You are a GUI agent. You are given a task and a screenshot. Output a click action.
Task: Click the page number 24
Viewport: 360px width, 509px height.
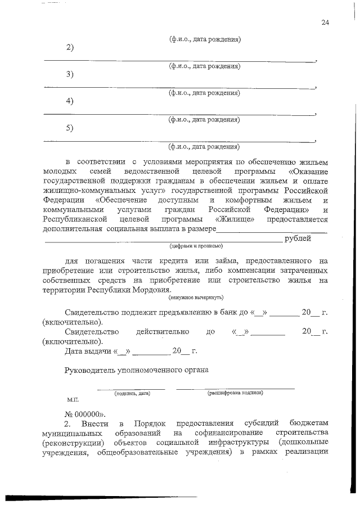point(325,22)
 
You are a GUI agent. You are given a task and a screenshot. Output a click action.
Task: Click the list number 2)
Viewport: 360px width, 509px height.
point(70,47)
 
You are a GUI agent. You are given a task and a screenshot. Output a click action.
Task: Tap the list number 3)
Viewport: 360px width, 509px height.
point(70,75)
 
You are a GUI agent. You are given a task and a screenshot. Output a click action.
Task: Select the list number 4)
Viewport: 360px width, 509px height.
point(70,101)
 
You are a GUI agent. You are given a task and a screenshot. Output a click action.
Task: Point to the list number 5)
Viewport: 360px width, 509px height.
point(70,128)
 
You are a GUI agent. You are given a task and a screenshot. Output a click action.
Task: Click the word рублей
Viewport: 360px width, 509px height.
point(298,238)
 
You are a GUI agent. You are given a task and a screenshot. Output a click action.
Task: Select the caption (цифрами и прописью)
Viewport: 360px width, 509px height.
point(196,246)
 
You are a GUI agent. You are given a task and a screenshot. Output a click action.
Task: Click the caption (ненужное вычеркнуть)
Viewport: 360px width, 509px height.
point(196,296)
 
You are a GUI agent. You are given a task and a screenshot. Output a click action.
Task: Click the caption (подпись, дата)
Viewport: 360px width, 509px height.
point(132,394)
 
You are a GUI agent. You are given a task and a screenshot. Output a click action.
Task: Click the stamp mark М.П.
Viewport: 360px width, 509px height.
point(73,400)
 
